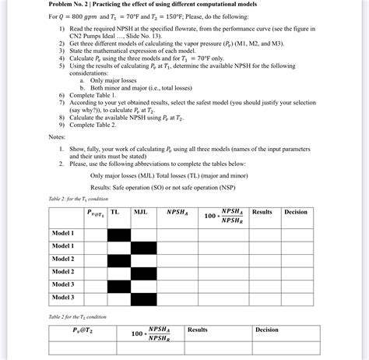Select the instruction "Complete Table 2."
(x=97, y=125)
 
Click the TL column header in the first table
(x=114, y=211)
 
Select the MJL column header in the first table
(x=140, y=211)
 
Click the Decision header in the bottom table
(x=266, y=330)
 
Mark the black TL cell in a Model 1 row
(x=118, y=233)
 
